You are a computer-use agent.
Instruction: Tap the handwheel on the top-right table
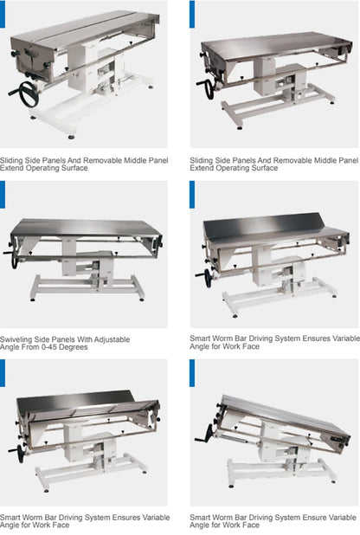point(206,89)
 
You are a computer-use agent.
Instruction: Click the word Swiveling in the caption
point(17,339)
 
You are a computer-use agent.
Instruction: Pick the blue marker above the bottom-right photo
point(192,373)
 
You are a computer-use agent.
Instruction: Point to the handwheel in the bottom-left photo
point(16,452)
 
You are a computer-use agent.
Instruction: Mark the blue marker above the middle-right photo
point(192,195)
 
